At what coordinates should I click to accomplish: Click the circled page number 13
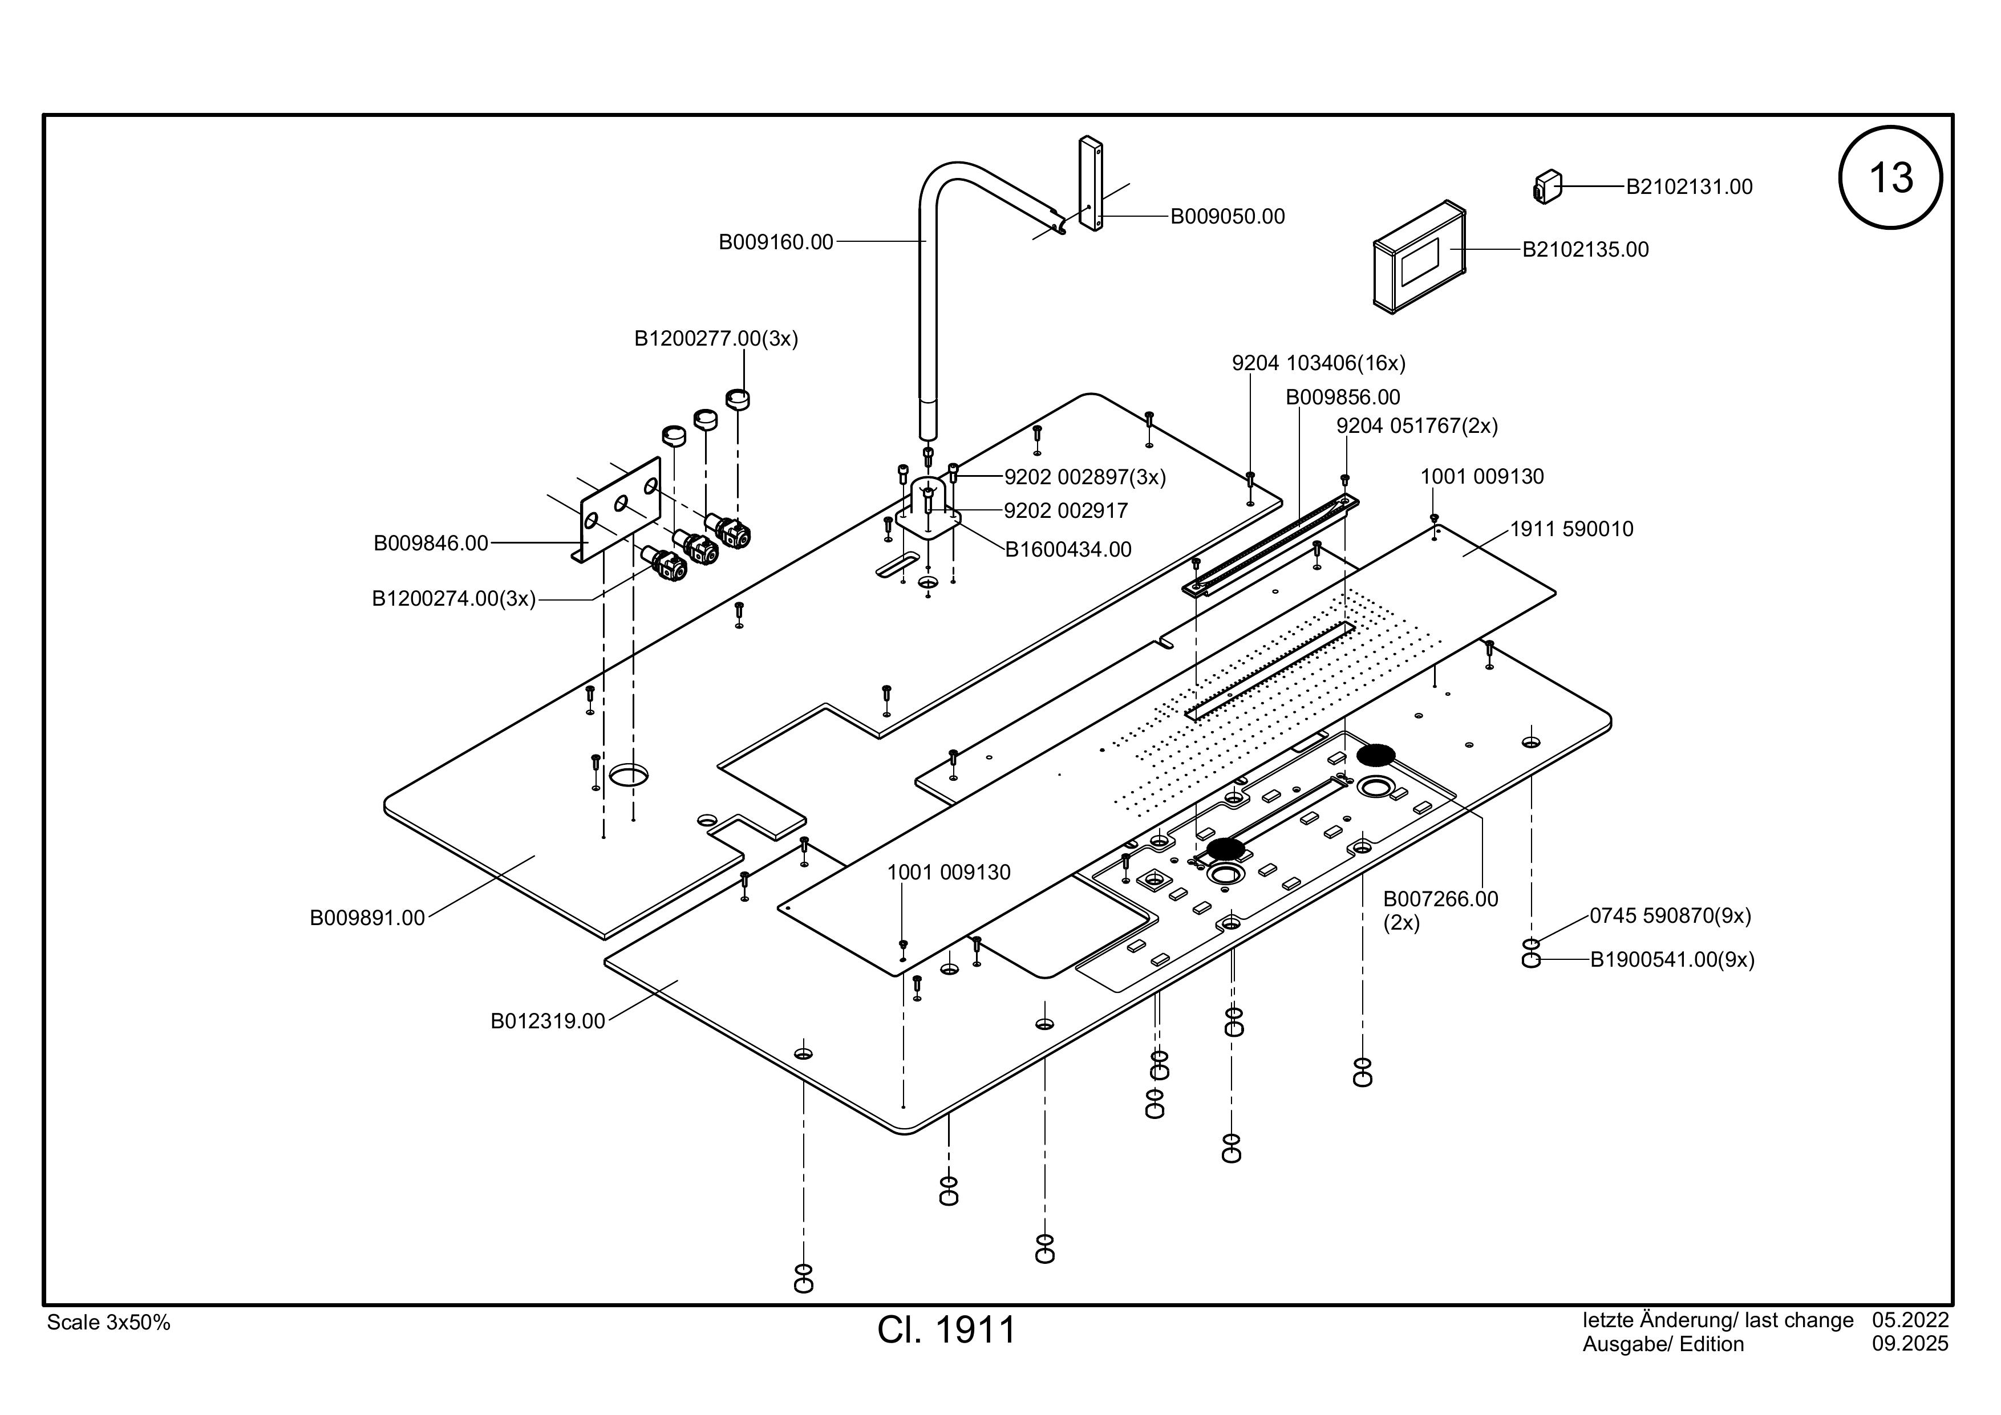coord(1890,178)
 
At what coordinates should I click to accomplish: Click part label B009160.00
coord(776,242)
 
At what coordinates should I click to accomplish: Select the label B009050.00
coord(1227,216)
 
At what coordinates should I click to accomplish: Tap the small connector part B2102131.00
coord(1547,186)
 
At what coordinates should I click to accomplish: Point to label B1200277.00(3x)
coord(715,338)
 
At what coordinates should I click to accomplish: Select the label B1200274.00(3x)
coord(453,599)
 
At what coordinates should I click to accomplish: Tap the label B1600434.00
coord(1068,550)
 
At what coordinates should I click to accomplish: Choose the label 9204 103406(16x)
coord(1319,363)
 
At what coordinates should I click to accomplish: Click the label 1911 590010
coord(1571,529)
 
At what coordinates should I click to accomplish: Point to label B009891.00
coord(367,918)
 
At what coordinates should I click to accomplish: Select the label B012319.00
coord(548,1021)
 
